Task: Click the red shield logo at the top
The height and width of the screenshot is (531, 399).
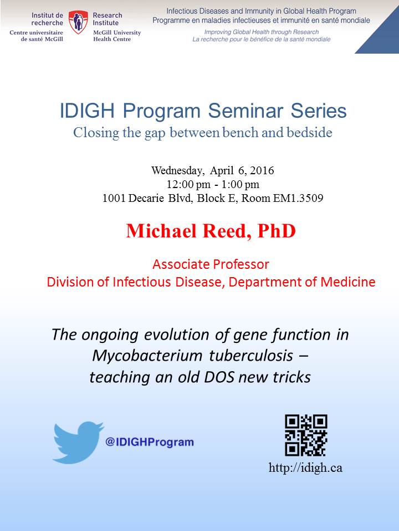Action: coord(78,22)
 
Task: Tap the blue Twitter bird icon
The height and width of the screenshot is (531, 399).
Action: coord(79,442)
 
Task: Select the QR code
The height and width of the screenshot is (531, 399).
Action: coord(306,435)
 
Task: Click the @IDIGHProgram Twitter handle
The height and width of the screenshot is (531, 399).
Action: coord(150,442)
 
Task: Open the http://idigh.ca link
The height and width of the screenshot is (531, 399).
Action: coord(305,468)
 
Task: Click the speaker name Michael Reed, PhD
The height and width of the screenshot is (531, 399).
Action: coord(211,231)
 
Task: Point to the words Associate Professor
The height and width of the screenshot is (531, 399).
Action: coord(211,264)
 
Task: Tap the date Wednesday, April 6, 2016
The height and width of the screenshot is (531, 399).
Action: coord(212,170)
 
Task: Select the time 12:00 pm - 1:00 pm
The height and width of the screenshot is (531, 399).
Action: coord(213,184)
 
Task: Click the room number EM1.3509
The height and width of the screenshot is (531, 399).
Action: coord(298,198)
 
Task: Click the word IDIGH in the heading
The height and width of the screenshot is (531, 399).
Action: coord(88,111)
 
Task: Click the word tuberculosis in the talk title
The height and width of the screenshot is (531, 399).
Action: coord(251,356)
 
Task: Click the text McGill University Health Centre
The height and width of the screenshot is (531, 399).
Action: coord(117,36)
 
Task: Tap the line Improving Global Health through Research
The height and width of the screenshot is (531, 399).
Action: coord(261,32)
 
